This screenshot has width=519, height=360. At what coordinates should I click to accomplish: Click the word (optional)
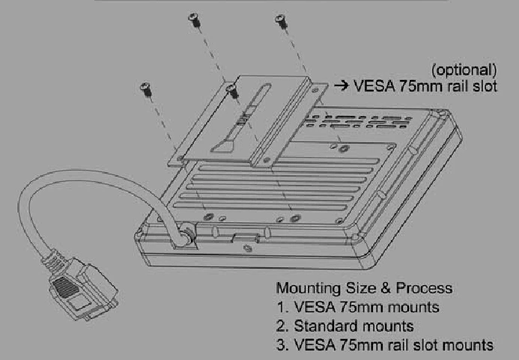coord(466,71)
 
